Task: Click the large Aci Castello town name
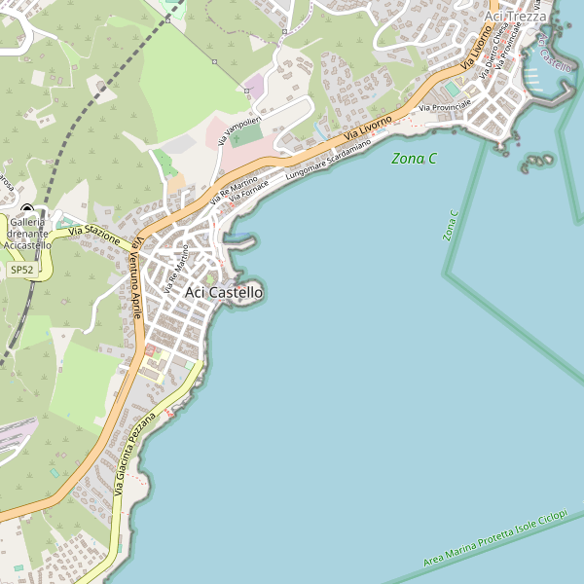tap(223, 291)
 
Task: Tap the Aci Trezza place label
tap(517, 16)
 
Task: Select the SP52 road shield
tap(21, 269)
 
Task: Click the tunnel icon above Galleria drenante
tap(26, 208)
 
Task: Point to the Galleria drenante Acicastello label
tap(27, 234)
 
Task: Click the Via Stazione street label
tap(93, 234)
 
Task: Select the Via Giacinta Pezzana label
tap(133, 453)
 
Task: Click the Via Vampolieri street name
tap(239, 129)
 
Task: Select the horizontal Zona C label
tap(414, 158)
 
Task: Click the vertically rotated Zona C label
tap(450, 226)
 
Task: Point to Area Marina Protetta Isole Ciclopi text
tap(495, 538)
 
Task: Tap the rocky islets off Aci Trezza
tap(536, 162)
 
